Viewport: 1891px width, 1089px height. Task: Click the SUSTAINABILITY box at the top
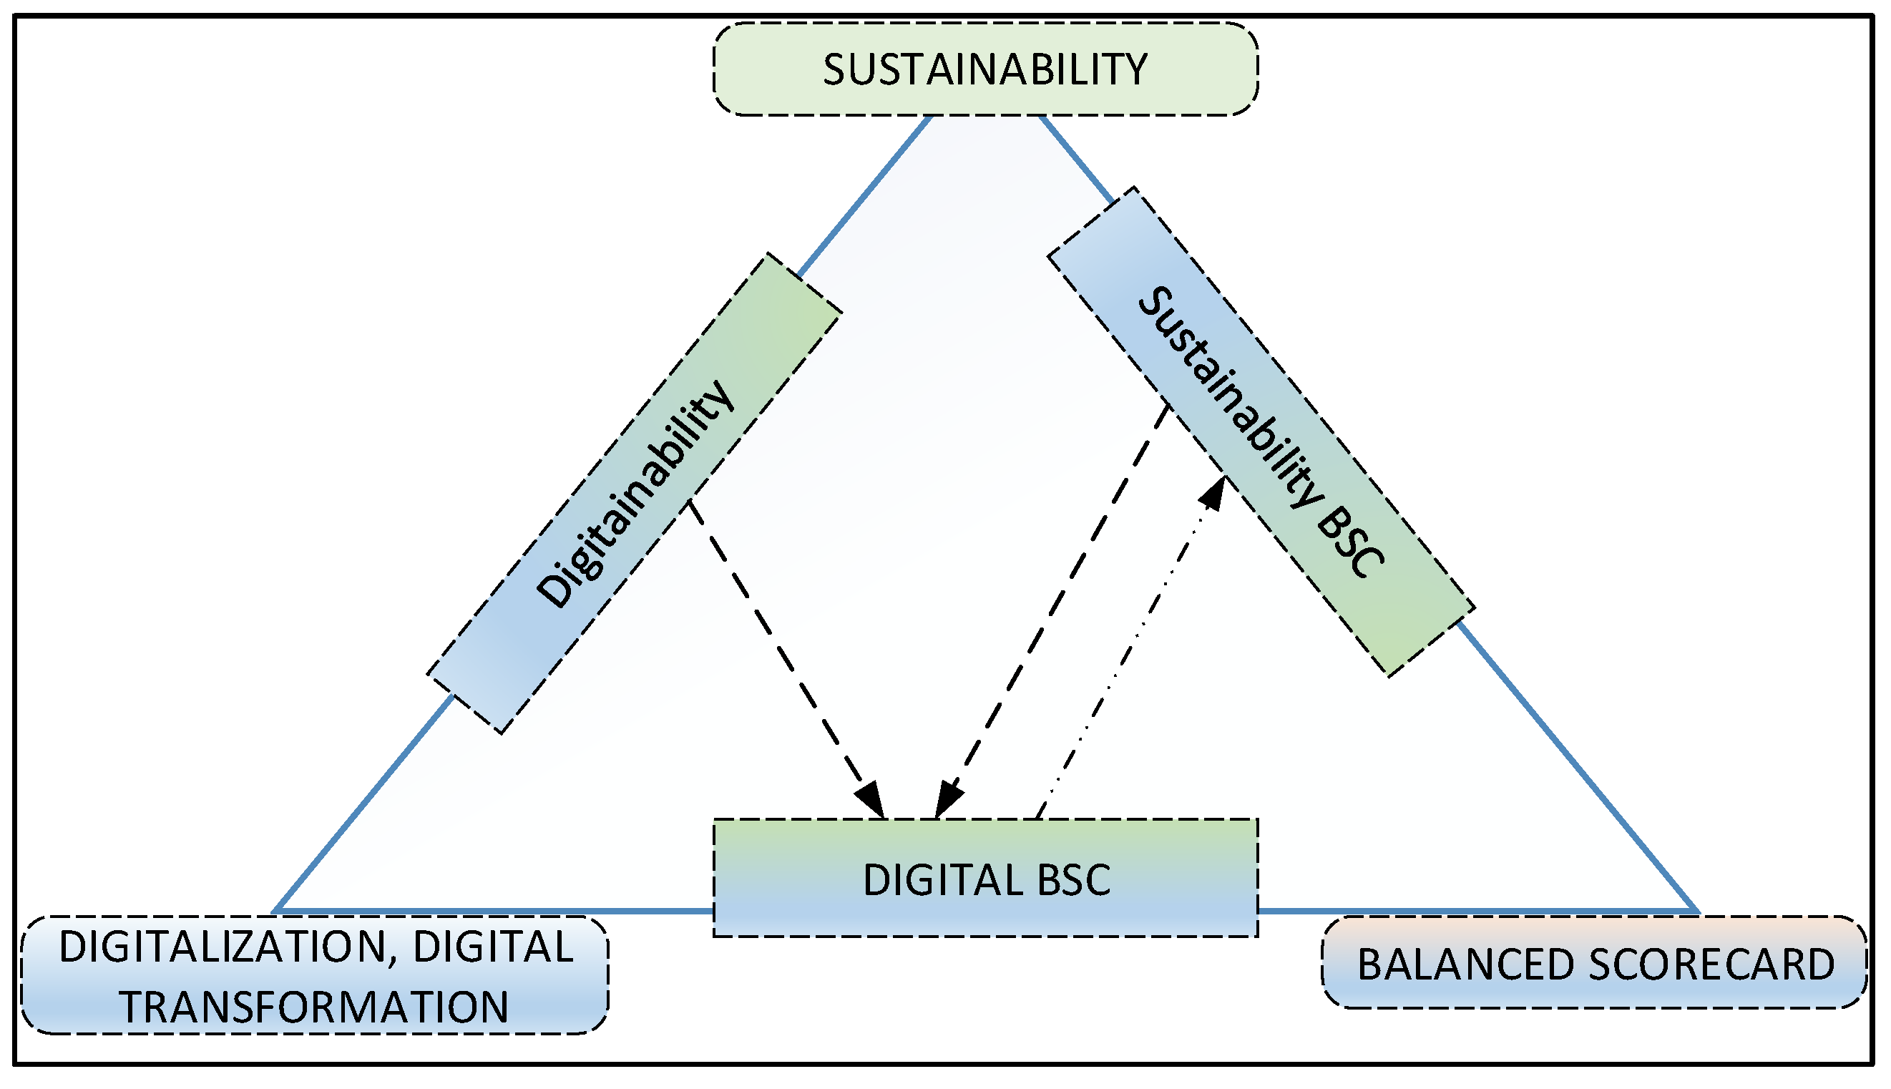click(985, 69)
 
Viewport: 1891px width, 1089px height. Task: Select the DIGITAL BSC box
click(985, 879)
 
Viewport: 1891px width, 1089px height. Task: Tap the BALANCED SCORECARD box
click(1595, 964)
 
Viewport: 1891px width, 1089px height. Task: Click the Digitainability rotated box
click(634, 494)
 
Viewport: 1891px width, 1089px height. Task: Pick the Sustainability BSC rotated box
click(1261, 431)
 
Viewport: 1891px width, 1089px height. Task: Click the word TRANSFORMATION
click(314, 1007)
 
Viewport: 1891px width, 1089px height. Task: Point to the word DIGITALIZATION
click(221, 947)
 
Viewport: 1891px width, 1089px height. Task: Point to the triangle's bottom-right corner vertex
click(1696, 912)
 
